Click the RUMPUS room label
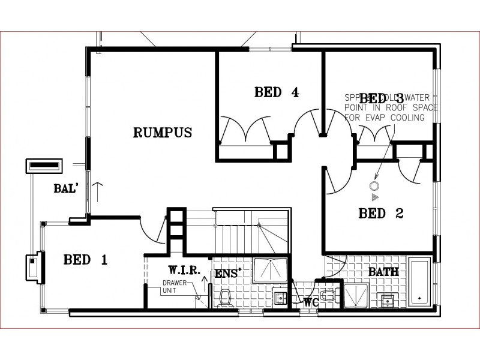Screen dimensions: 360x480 coord(162,133)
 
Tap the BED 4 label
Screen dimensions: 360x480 coord(276,92)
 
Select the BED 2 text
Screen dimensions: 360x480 coord(380,213)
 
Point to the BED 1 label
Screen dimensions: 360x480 coord(85,260)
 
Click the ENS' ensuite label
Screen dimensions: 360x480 coord(229,274)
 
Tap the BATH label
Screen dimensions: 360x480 coord(383,272)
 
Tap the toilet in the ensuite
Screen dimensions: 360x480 coord(226,297)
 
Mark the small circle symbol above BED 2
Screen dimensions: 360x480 coord(375,185)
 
